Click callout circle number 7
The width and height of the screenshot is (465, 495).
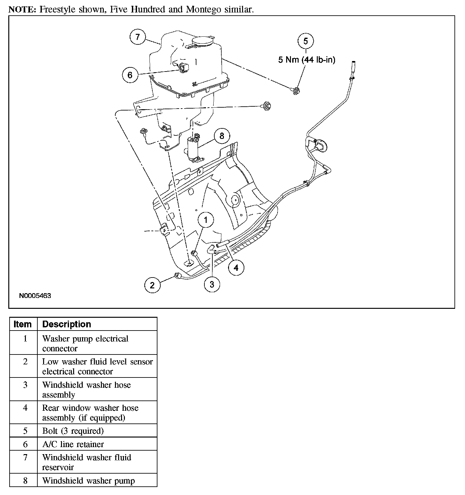[138, 37]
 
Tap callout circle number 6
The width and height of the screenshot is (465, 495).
[130, 75]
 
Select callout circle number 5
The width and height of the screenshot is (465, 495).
[306, 41]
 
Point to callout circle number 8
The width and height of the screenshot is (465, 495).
[222, 136]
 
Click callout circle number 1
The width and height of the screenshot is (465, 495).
[206, 220]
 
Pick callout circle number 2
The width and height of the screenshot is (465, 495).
[152, 285]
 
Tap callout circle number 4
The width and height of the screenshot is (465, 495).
[236, 268]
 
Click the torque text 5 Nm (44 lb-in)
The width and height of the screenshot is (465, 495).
[307, 60]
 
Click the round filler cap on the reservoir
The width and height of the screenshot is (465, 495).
[203, 41]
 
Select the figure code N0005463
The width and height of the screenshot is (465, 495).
[35, 296]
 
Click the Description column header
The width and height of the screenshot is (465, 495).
[67, 324]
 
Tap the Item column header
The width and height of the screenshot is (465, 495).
[23, 324]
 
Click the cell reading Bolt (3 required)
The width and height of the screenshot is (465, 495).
[73, 431]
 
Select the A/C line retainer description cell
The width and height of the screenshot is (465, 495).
[73, 444]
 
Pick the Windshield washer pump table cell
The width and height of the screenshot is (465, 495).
[88, 481]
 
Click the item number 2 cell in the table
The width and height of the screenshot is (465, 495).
[25, 362]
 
